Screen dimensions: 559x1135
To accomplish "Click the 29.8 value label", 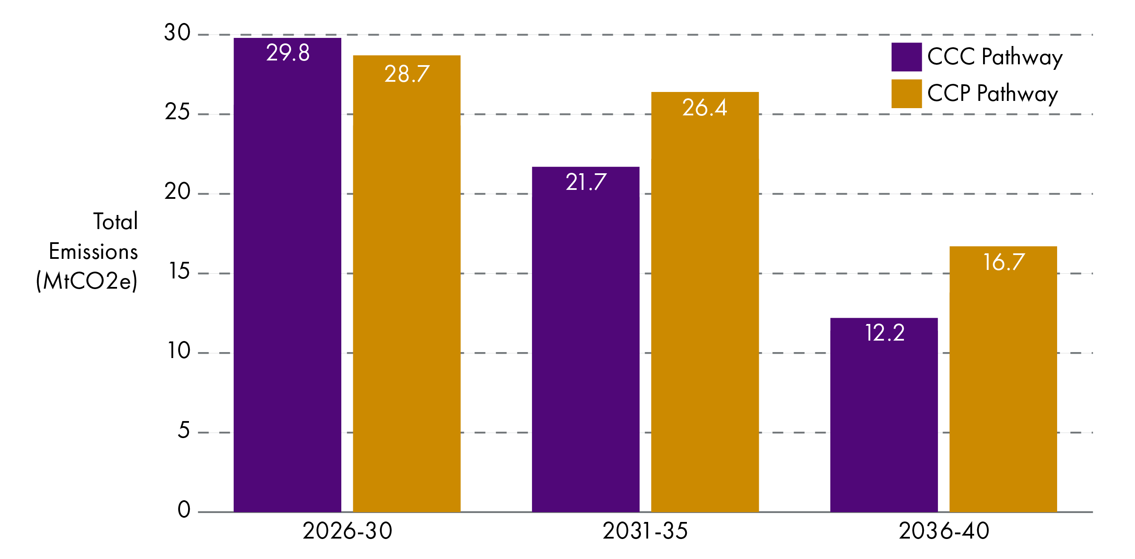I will tap(288, 53).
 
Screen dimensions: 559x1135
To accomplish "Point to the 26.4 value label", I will tap(704, 108).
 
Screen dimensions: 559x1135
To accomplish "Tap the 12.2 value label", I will tap(885, 333).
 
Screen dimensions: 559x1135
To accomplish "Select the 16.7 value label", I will tap(1003, 262).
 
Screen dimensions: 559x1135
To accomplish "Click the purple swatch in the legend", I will tap(906, 57).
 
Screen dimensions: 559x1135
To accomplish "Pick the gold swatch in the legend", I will tap(906, 94).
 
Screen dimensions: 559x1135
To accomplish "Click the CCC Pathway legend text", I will tap(995, 57).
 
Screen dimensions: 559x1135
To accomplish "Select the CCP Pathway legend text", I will tap(992, 94).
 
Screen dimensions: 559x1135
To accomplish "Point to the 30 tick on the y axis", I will tap(177, 33).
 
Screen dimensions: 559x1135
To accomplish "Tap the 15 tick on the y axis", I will tap(179, 271).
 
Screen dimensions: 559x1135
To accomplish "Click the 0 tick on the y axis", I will tap(184, 510).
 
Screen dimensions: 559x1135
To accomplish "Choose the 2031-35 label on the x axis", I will tap(645, 531).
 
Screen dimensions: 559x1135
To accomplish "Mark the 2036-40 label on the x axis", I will tap(944, 531).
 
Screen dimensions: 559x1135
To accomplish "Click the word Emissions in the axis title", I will tap(93, 252).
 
